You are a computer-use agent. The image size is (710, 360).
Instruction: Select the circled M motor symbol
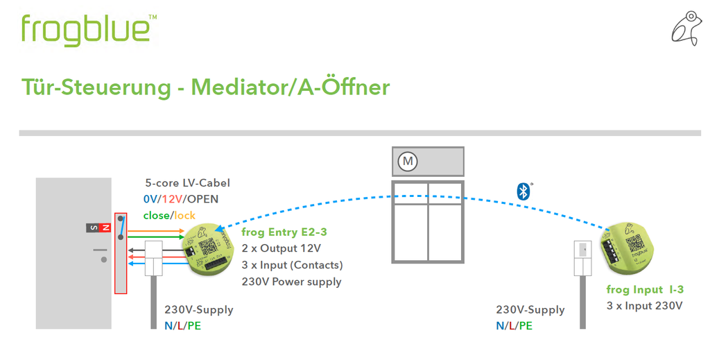[x=408, y=162]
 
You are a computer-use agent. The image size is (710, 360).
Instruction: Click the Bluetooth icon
[x=523, y=191]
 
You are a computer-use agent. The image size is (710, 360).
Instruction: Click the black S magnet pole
[x=93, y=228]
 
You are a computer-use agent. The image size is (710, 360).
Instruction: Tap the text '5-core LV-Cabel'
[x=187, y=183]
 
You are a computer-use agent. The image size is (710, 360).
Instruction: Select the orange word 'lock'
[x=184, y=215]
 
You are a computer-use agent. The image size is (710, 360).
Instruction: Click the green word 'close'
[x=157, y=215]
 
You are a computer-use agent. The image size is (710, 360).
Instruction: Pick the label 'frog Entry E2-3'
[x=284, y=232]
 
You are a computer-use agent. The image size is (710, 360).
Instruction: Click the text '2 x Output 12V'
[x=281, y=248]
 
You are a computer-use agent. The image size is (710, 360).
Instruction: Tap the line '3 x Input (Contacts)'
[x=292, y=265]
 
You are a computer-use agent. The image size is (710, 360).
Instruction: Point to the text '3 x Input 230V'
[x=644, y=305]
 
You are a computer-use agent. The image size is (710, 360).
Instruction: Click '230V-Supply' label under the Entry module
[x=198, y=309]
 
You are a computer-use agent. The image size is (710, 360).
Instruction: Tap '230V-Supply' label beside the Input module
[x=530, y=309]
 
